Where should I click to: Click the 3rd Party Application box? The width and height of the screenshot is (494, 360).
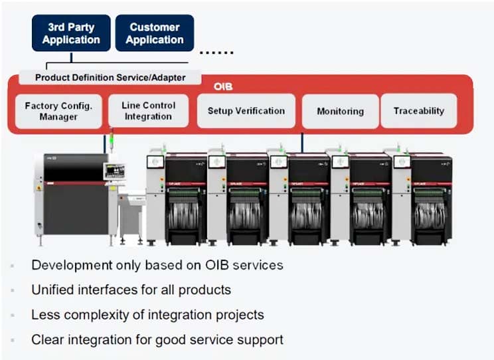(x=71, y=33)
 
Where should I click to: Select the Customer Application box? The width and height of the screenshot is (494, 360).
(x=155, y=33)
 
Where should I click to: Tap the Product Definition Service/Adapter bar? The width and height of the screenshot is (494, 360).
(x=110, y=78)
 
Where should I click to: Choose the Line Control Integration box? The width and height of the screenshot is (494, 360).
(x=148, y=111)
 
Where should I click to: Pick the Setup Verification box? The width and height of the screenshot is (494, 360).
(x=246, y=111)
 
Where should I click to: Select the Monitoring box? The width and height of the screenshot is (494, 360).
(x=340, y=112)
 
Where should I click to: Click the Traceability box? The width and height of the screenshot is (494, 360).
(x=418, y=111)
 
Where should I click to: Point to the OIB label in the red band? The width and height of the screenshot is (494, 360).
(x=223, y=87)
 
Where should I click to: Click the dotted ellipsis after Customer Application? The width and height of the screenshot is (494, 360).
(x=216, y=52)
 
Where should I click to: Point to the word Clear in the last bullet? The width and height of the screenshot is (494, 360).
(x=46, y=339)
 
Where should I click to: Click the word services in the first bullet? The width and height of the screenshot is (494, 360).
(x=257, y=265)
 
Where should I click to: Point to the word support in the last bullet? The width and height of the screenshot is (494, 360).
(x=260, y=340)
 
